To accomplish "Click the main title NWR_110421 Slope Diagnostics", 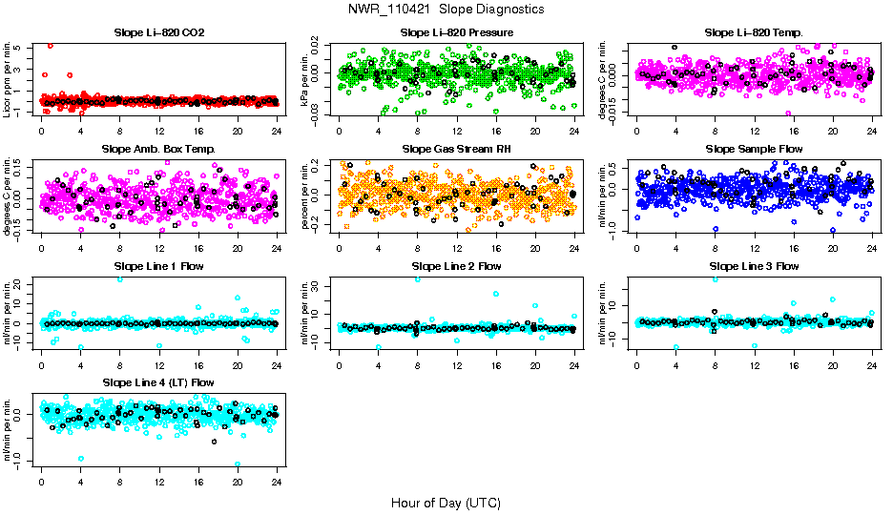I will [446, 9].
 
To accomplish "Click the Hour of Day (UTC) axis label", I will [446, 502].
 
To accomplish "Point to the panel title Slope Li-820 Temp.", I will [754, 32].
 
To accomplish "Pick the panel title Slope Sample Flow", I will [754, 149].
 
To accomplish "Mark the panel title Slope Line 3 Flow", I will [754, 265].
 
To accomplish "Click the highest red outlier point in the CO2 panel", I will [50, 46].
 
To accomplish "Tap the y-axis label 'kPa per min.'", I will [306, 78].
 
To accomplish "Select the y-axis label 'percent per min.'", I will [306, 195].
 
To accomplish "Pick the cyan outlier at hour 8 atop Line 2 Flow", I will [418, 279].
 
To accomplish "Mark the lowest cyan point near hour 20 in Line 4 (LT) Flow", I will [238, 463].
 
